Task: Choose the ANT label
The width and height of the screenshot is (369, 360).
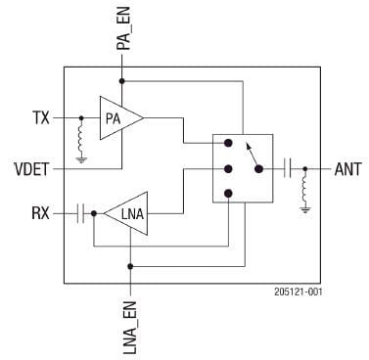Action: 347,168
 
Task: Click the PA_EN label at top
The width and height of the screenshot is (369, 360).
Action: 122,28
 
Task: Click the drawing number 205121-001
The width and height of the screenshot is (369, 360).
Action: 297,292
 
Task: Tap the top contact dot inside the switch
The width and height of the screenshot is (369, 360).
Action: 228,144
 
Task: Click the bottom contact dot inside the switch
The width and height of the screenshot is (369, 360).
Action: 228,193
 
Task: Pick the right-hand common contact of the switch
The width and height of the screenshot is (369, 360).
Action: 259,168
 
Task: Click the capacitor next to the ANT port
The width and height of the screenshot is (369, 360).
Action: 288,168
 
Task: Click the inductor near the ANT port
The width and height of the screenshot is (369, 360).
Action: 306,185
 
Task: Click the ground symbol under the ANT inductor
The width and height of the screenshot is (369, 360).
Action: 306,207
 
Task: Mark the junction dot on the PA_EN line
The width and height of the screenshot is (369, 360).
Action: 122,81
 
